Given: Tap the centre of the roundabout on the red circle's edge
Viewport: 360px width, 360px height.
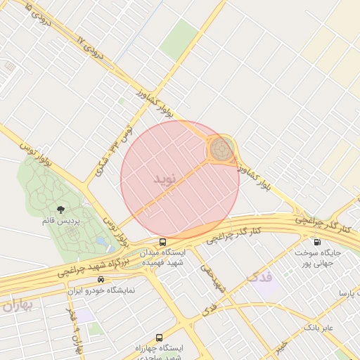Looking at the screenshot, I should tap(221, 149).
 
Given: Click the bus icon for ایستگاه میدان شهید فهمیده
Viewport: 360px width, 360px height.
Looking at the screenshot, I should tap(163, 242).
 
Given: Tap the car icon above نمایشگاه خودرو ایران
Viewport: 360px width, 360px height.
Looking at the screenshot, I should tap(101, 279).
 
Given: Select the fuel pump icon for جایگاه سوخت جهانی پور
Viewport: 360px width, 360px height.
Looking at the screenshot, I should tap(318, 242).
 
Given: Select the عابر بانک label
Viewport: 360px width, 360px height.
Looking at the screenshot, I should tap(319, 328).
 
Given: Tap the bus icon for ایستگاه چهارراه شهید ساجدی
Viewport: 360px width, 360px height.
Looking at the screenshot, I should tap(159, 337).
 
